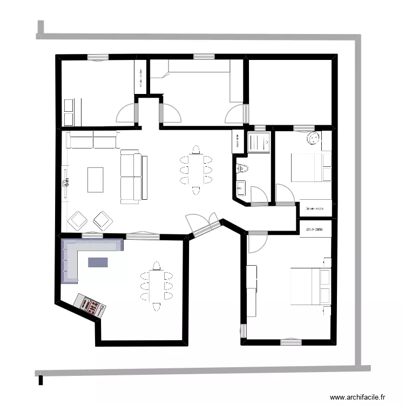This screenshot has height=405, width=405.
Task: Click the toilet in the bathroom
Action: pyautogui.click(x=241, y=168)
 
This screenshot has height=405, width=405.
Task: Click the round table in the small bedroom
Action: pyautogui.click(x=313, y=139)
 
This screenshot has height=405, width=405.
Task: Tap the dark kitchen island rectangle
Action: pyautogui.click(x=98, y=262)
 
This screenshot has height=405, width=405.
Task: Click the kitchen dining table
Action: pyautogui.click(x=157, y=285)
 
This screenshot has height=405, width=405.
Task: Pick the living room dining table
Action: pyautogui.click(x=196, y=168)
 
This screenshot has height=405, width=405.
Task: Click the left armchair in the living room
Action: pyautogui.click(x=78, y=220)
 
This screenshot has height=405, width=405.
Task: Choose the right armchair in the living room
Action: pyautogui.click(x=102, y=220)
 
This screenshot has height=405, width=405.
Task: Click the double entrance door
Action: pyautogui.click(x=202, y=225)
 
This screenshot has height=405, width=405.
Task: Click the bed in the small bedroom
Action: pyautogui.click(x=310, y=167)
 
